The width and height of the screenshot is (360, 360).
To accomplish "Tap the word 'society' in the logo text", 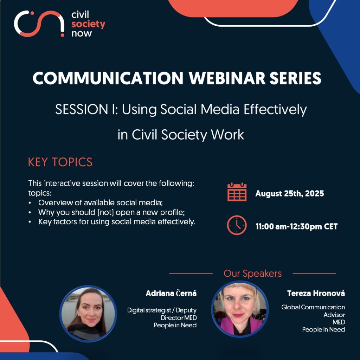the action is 88,24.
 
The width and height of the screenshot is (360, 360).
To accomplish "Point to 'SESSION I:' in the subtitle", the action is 86,109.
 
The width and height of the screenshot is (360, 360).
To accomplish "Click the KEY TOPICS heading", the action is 60,162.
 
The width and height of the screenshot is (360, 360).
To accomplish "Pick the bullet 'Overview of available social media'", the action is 100,203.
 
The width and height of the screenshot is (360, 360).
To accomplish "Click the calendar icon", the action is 237,192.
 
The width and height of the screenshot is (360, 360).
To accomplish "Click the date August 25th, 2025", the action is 290,194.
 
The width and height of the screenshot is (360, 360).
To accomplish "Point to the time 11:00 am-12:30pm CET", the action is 296,227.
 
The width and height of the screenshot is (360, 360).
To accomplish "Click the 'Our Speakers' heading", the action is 252,274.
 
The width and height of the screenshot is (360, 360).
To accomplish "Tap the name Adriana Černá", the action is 171,293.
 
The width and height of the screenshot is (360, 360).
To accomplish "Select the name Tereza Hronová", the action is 316,293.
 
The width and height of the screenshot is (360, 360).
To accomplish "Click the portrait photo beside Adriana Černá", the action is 88,314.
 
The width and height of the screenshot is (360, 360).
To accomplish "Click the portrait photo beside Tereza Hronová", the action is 240,309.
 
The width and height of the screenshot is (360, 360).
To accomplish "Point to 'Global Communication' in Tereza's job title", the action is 313,307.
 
